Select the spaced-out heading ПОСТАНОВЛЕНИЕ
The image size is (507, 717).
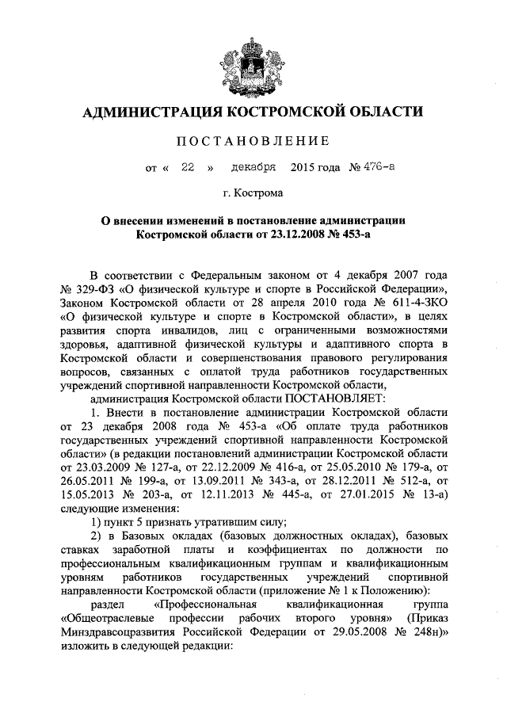tap(253, 143)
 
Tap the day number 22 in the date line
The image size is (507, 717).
tap(187, 168)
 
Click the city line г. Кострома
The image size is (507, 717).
tap(253, 193)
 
